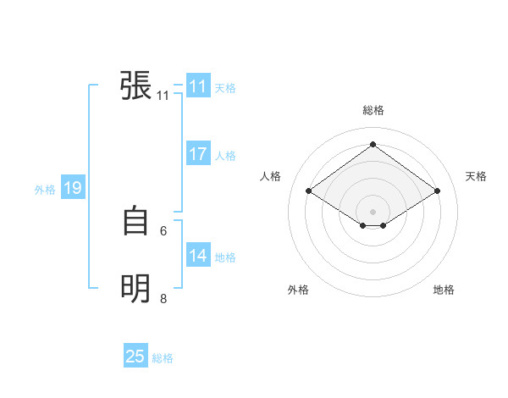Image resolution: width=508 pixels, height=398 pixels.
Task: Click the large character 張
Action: [136, 86]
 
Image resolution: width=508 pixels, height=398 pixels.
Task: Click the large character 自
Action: [136, 221]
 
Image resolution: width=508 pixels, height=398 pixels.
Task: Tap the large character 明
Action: [136, 289]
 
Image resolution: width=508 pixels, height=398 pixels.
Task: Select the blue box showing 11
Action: [198, 86]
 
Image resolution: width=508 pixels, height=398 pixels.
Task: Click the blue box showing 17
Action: [198, 154]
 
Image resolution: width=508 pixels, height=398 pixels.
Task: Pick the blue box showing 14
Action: [198, 256]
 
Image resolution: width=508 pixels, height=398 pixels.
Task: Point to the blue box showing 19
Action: [72, 188]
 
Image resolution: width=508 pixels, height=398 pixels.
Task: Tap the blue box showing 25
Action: [135, 357]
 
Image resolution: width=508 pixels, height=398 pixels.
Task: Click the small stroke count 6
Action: [163, 230]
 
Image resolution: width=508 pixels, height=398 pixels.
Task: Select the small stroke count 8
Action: [163, 298]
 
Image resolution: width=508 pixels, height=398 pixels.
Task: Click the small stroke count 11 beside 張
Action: [163, 96]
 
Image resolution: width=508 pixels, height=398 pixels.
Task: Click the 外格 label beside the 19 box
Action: [45, 190]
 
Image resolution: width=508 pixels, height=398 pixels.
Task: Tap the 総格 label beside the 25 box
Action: [163, 358]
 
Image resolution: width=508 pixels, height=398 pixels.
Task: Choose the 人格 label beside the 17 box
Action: [225, 156]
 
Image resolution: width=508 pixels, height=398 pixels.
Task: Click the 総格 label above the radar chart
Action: [373, 110]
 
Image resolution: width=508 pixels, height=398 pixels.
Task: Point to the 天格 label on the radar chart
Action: [476, 176]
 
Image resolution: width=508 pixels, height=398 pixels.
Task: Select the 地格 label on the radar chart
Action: [444, 290]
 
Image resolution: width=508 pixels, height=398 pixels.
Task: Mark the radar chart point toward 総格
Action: [373, 145]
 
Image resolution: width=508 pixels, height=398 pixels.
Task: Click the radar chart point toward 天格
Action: [437, 191]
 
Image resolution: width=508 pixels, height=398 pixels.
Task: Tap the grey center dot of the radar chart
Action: [373, 211]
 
